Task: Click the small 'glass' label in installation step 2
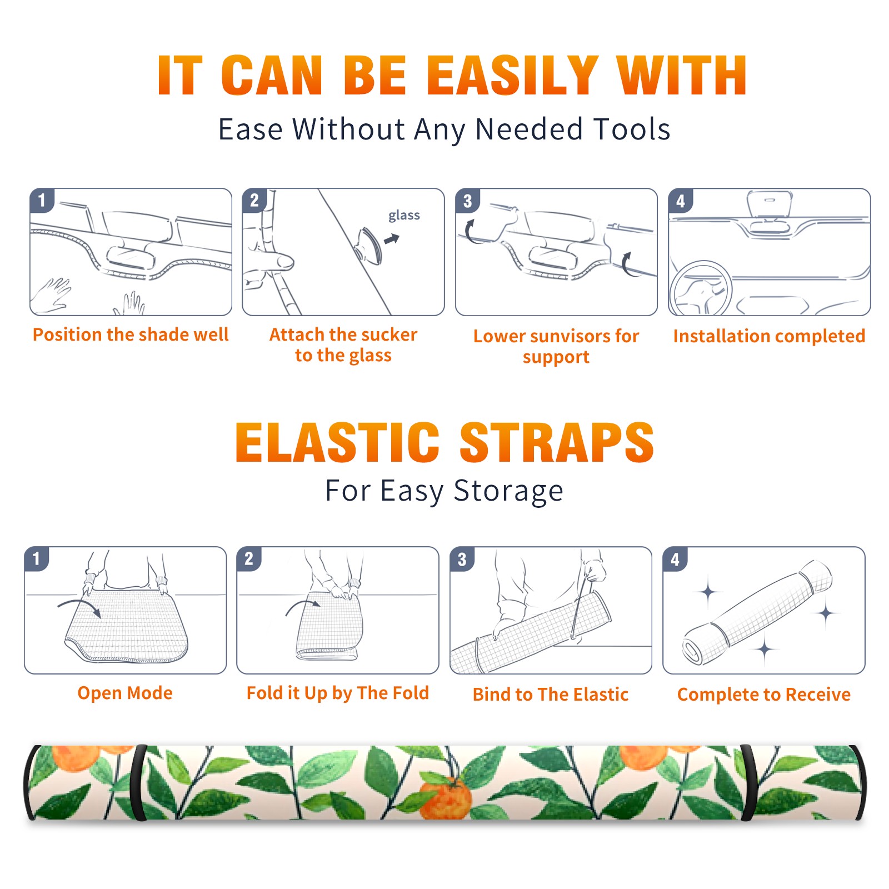[x=404, y=216]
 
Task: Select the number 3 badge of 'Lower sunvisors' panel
[x=467, y=201]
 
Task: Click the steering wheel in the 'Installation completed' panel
[x=700, y=288]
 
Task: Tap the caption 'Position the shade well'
[x=131, y=334]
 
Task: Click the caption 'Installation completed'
[x=769, y=336]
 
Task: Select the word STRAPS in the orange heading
[x=557, y=442]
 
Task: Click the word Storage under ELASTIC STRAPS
[x=508, y=491]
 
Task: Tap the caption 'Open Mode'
[x=125, y=693]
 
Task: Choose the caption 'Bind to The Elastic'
[x=551, y=695]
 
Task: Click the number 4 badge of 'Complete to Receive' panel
[x=675, y=559]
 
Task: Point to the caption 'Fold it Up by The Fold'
[x=338, y=693]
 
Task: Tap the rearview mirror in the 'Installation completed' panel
[x=770, y=204]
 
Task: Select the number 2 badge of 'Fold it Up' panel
[x=248, y=559]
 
